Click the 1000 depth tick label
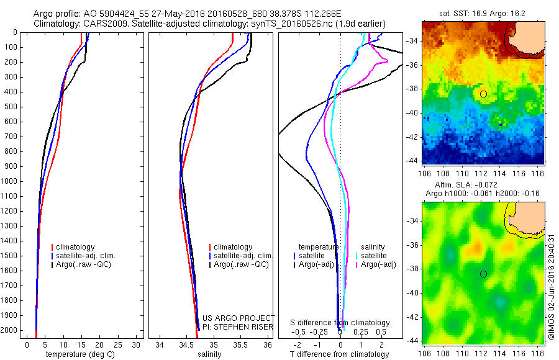(10, 181)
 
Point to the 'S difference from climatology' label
(340, 323)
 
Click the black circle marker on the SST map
(484, 94)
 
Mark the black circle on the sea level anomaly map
(484, 274)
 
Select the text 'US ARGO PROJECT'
(230, 318)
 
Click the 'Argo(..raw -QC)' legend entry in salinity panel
(240, 264)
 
